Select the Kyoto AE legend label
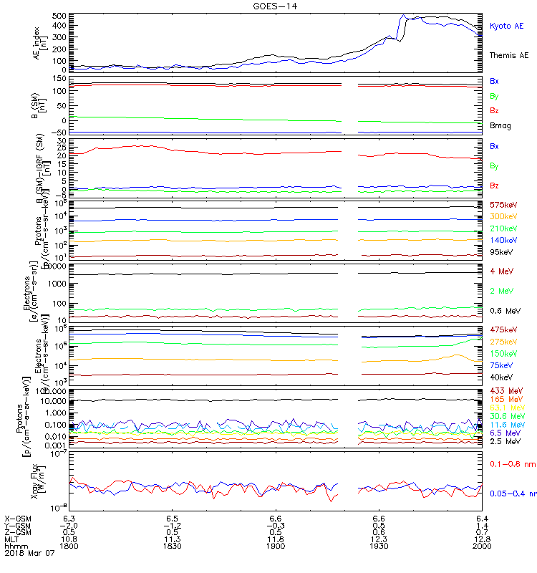tap(507, 26)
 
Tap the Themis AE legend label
tap(509, 55)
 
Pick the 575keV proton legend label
tap(503, 205)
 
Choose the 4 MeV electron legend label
tap(500, 271)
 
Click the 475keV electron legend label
tap(503, 329)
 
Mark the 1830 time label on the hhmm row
tap(172, 546)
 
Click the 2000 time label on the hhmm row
tap(481, 546)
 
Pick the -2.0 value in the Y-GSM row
tap(68, 524)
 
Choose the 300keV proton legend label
tap(503, 216)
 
